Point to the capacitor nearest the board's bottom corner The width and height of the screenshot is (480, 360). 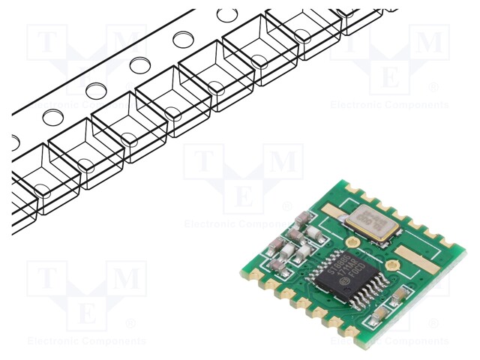[x=380, y=315]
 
